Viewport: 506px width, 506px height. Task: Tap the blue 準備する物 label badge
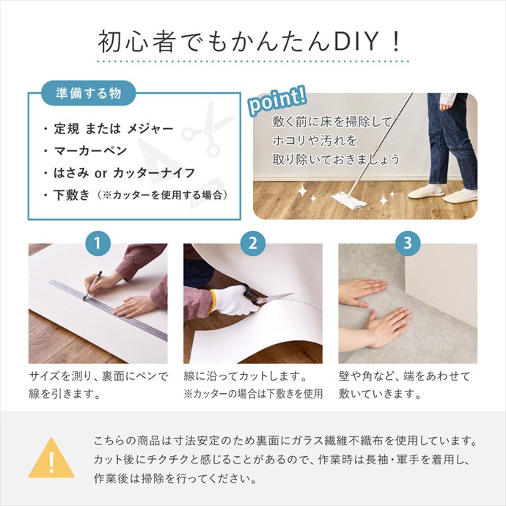(90, 95)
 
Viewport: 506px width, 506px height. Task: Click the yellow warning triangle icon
(51, 458)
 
